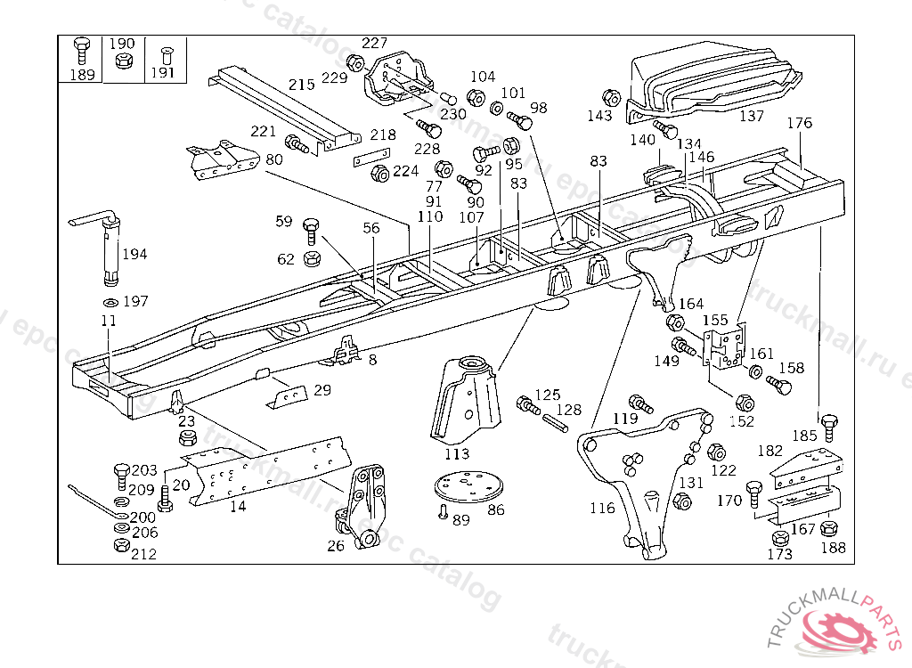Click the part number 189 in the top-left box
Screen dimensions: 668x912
[x=82, y=75]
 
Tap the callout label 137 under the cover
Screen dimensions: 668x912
[x=752, y=116]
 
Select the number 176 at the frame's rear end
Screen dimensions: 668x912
[x=800, y=123]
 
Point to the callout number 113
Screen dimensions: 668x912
[x=456, y=453]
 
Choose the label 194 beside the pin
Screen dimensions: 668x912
[x=134, y=254]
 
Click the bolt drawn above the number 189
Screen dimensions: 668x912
[x=82, y=50]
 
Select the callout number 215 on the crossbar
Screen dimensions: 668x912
[x=302, y=85]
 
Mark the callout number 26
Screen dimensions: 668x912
[x=335, y=545]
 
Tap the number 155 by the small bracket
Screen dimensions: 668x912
[x=715, y=319]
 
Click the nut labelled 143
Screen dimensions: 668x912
[x=611, y=97]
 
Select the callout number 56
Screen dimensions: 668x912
[x=370, y=228]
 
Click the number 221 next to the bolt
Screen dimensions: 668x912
[x=264, y=132]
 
